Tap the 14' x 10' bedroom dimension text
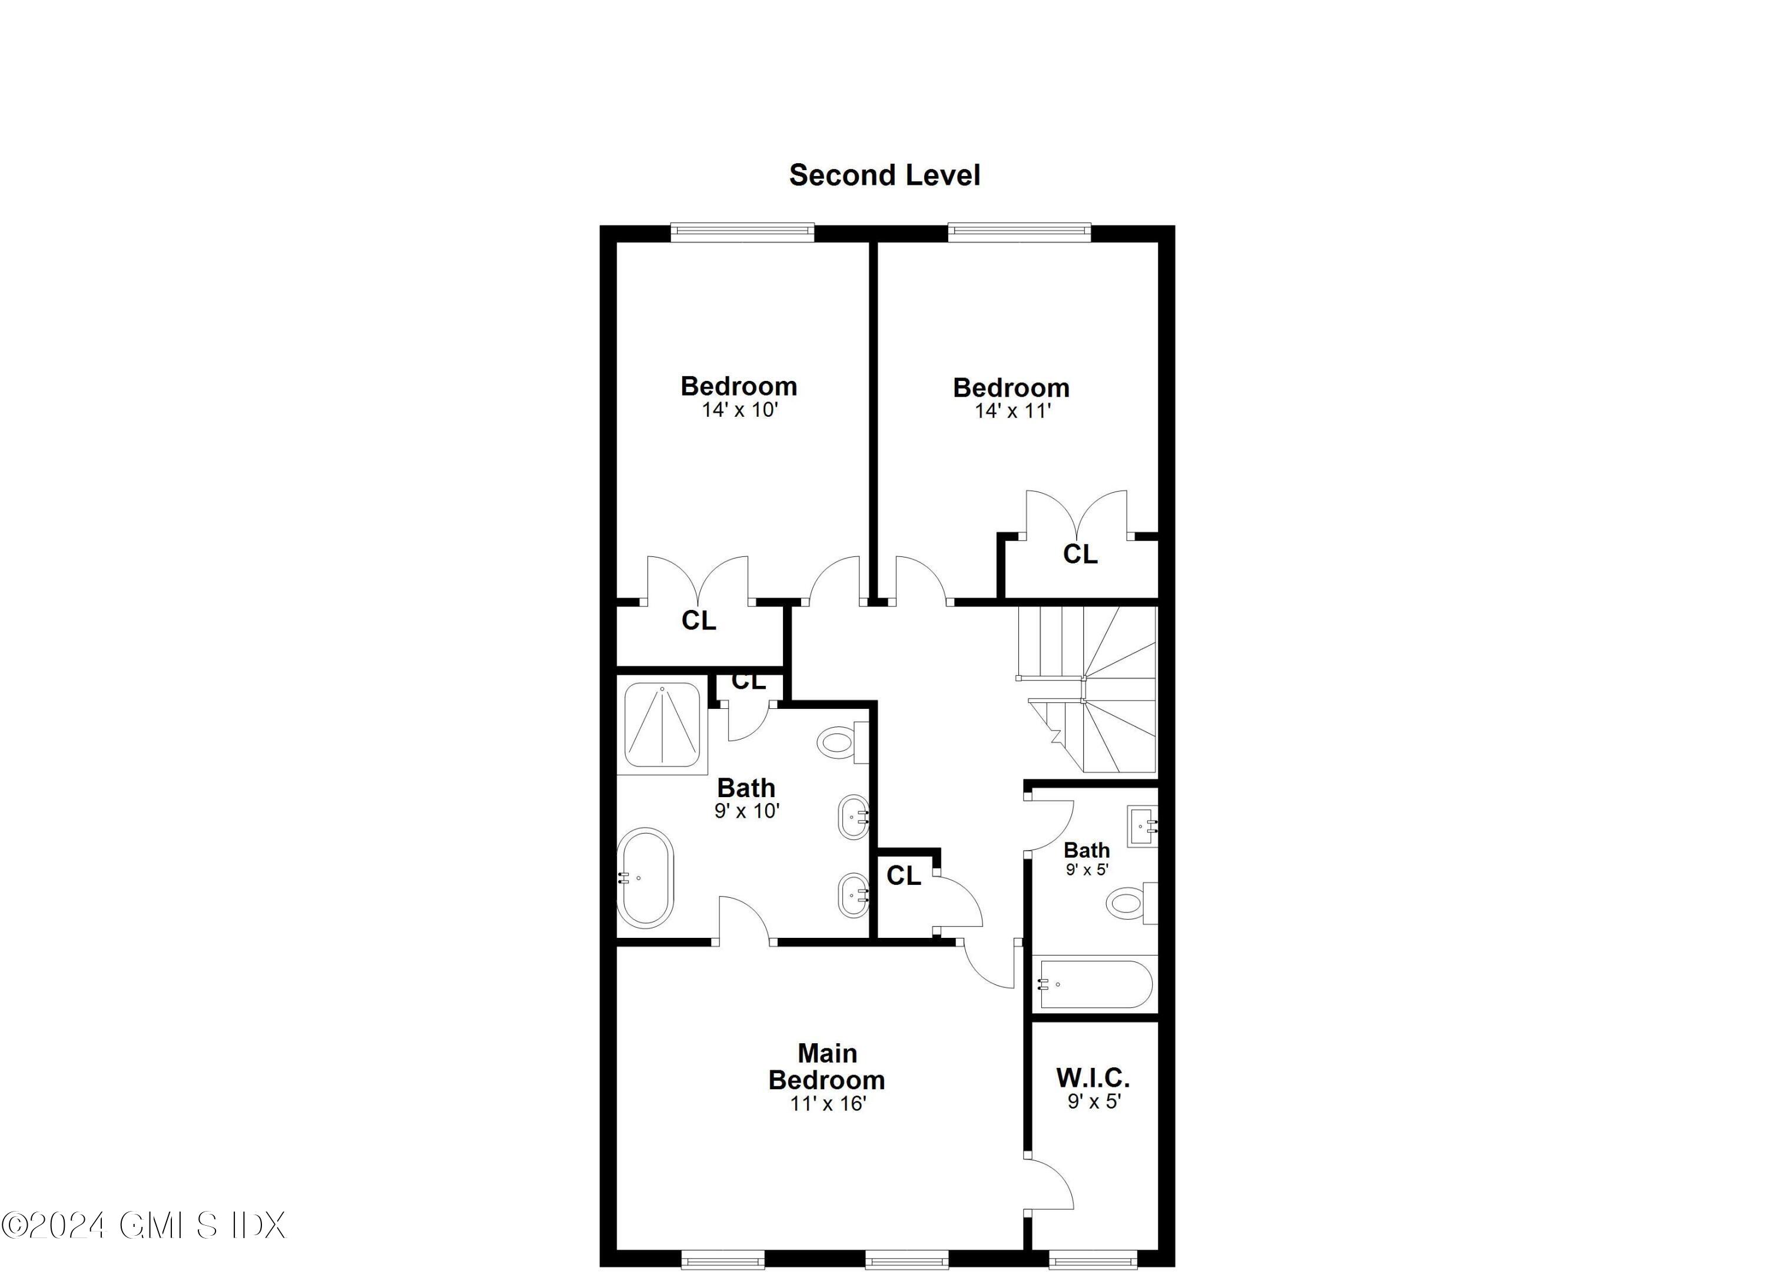740,410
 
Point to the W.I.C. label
1093,1078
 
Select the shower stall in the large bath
662,724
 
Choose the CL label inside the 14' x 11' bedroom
1080,555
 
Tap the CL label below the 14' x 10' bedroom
699,621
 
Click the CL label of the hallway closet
903,876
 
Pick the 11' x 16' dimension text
828,1103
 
